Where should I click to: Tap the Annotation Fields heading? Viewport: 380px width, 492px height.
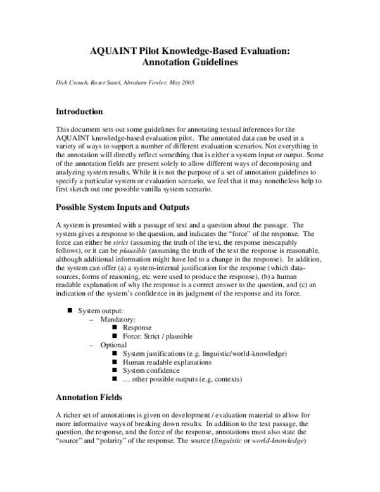[89, 398]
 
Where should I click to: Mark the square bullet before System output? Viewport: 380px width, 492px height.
[70, 311]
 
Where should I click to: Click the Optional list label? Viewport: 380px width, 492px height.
[113, 345]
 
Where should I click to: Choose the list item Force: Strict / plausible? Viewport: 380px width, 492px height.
[158, 337]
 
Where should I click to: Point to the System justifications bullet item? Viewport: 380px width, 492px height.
[205, 353]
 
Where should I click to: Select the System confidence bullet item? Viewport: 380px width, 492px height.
[150, 370]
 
